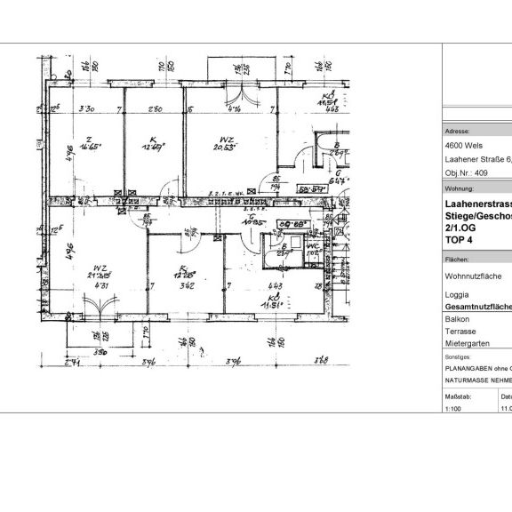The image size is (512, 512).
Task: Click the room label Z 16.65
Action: tap(87, 142)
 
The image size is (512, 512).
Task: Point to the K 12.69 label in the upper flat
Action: tap(154, 143)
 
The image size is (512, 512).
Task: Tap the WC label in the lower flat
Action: tap(311, 250)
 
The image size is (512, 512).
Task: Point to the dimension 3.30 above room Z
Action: tap(86, 110)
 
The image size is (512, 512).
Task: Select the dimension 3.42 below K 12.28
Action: tap(187, 286)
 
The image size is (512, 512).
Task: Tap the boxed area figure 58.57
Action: tap(309, 189)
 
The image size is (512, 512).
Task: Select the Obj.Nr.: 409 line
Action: tap(466, 173)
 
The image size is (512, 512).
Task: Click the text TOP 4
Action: tap(457, 239)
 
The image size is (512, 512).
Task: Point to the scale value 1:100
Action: tap(453, 408)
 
